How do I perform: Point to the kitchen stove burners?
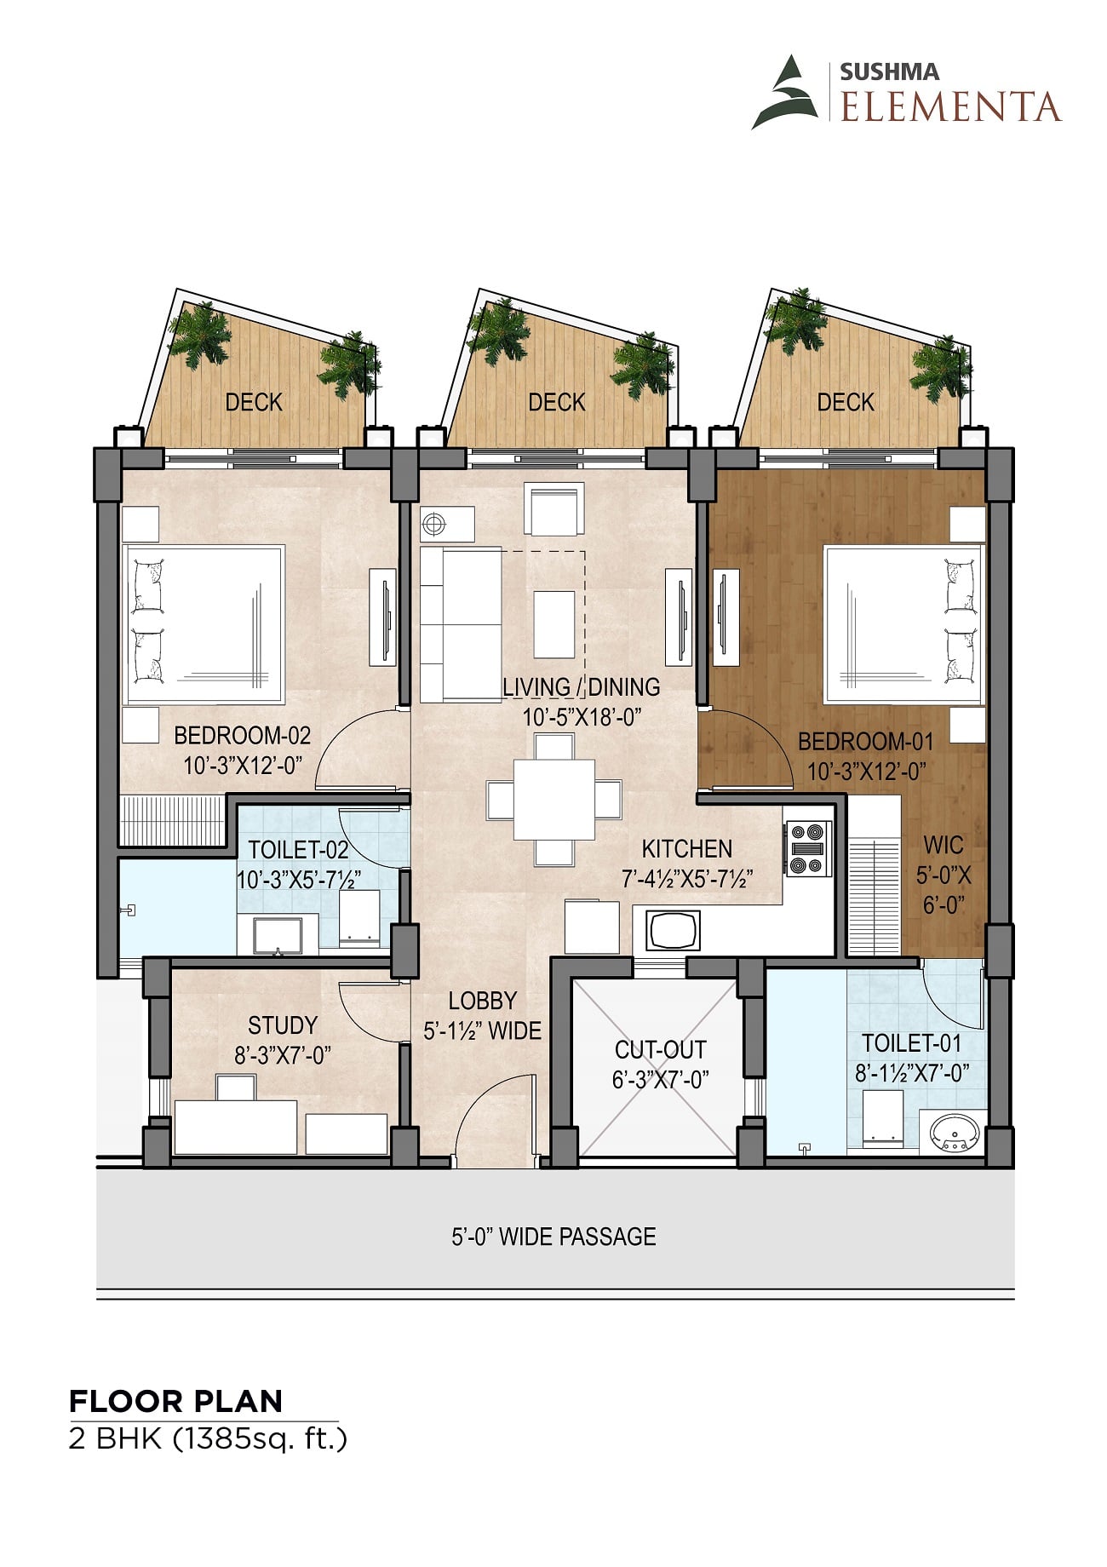coord(808,847)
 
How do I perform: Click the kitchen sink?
coord(674,930)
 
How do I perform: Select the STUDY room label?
coord(283,1025)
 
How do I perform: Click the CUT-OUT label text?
coord(660,1049)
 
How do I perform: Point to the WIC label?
coord(944,845)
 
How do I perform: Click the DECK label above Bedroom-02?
coord(254,402)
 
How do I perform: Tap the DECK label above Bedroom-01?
coord(846,402)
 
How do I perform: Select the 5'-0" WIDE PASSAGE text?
coord(553,1237)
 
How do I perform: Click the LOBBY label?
coord(483,1001)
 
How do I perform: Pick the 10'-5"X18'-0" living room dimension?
coord(581,717)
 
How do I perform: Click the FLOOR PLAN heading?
coord(176,1401)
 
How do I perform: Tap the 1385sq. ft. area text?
coord(260,1439)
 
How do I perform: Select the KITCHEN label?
coord(687,848)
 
